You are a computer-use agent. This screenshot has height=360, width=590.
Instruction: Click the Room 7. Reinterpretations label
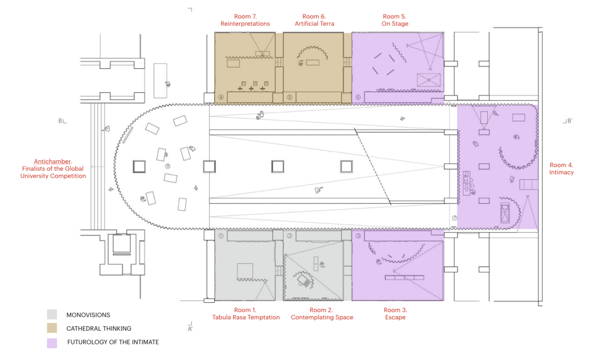tap(245, 20)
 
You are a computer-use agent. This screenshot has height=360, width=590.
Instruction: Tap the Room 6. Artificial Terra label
tap(314, 20)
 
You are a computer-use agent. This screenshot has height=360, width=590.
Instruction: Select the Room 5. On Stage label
tap(395, 20)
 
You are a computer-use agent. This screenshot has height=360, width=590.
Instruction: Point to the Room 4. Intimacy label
tap(561, 168)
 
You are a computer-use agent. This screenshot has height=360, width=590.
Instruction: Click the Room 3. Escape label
tap(395, 313)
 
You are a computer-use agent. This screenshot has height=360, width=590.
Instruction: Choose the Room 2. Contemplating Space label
tap(322, 313)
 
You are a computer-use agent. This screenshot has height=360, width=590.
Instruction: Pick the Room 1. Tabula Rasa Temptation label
tap(246, 313)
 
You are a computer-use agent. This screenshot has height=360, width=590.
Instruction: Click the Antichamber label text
tap(53, 168)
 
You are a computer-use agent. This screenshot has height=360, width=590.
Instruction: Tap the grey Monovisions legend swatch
tap(52, 315)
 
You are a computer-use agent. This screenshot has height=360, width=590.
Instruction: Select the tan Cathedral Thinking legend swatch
tap(52, 328)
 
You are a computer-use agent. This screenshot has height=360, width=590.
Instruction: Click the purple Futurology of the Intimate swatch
tap(52, 343)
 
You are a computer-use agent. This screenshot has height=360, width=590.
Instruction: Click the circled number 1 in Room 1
tap(221, 236)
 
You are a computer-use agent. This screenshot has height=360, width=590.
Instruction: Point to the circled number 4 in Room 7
tap(221, 98)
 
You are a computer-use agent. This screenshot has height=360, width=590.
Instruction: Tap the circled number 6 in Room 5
tap(358, 98)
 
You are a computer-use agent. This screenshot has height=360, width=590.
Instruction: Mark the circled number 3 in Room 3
tap(358, 236)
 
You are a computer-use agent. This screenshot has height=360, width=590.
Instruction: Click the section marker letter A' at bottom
tap(190, 329)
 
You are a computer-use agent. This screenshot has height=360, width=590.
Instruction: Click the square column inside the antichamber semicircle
tap(139, 166)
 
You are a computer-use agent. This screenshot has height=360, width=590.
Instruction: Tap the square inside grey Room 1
tap(245, 271)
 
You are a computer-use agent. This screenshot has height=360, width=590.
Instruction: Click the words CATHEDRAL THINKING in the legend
tap(99, 329)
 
